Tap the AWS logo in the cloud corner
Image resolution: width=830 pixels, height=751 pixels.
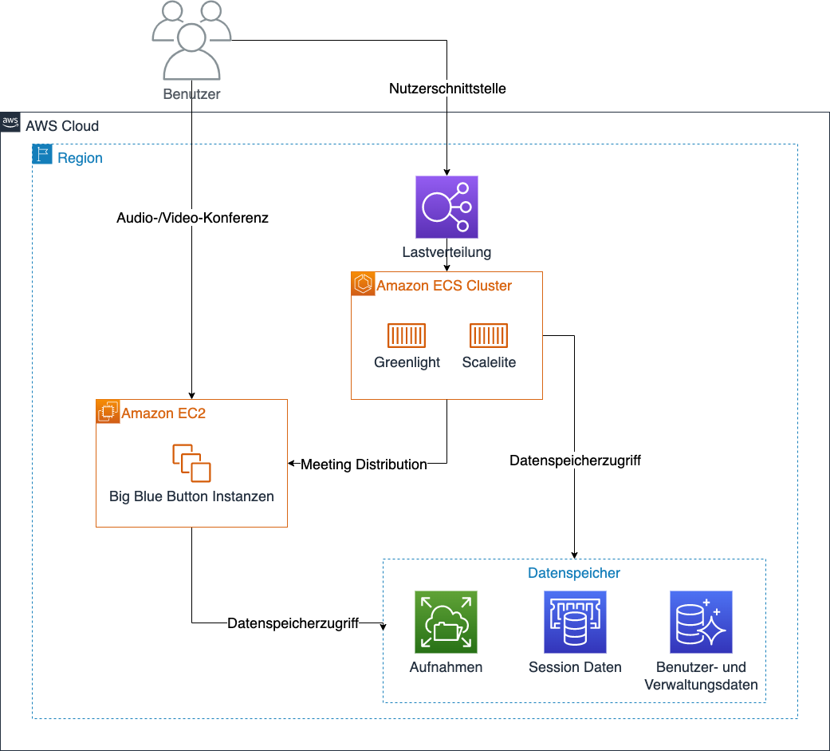point(10,122)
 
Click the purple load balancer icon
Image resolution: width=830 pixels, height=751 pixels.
point(446,208)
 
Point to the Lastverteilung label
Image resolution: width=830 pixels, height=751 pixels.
point(446,252)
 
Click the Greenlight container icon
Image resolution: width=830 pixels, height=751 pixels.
point(407,336)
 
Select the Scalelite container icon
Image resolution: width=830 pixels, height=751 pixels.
point(489,336)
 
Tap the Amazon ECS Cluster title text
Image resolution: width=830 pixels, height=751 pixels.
point(444,285)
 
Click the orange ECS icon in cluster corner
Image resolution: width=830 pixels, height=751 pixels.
point(363,283)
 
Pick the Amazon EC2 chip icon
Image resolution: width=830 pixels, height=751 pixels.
point(107,411)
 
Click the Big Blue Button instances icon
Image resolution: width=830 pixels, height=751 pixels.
point(191,463)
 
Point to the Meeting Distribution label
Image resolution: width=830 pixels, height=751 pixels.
point(364,464)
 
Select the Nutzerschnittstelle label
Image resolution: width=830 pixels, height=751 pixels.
point(447,89)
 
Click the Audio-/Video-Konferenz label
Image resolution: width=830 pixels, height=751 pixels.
point(192,218)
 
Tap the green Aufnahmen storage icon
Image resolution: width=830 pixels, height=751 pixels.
point(446,623)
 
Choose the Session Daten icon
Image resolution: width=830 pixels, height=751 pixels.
point(575,623)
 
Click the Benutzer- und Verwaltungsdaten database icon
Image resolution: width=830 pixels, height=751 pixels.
point(701,623)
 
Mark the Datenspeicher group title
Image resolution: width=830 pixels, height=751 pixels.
point(574,573)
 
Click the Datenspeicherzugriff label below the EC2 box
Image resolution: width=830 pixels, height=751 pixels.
point(293,623)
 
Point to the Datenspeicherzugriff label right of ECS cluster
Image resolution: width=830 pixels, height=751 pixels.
point(575,460)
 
